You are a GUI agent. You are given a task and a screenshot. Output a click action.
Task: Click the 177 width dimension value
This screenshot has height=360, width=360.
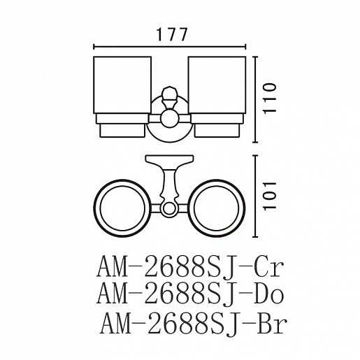tap(172, 34)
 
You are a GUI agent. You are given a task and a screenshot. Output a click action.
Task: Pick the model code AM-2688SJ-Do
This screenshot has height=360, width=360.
tap(190, 294)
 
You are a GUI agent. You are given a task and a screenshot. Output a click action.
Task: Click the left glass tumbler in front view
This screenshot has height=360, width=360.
tap(122, 85)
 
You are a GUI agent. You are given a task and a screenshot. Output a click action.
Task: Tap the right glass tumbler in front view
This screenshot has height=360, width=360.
tap(217, 85)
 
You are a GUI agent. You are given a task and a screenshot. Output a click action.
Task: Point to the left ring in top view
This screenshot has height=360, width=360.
tap(96, 208)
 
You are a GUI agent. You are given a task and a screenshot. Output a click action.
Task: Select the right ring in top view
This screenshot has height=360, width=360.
tap(243, 208)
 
